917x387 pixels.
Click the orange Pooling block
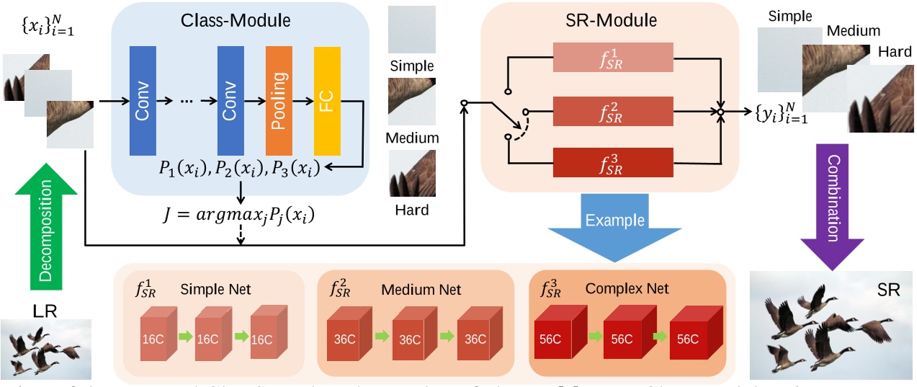[x=279, y=100]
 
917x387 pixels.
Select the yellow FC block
[x=327, y=100]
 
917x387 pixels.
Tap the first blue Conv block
[x=142, y=100]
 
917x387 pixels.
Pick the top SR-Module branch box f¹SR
[x=612, y=57]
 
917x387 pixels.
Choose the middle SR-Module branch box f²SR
[x=612, y=112]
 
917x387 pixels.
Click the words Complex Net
[x=627, y=289]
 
